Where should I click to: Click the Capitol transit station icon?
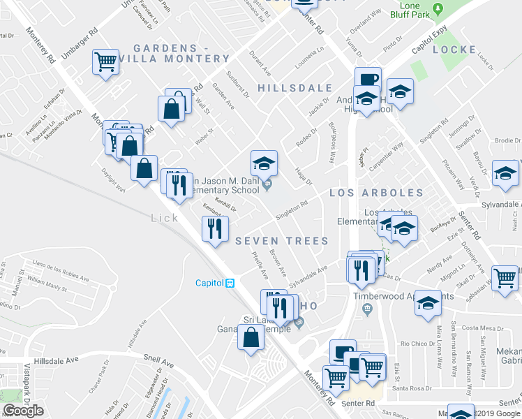point(230,283)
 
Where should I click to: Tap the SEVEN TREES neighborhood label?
point(281,241)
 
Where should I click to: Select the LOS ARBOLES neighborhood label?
point(376,192)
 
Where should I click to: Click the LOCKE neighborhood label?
point(454,50)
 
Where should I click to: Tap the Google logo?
point(23,411)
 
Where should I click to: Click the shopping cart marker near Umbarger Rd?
point(105,63)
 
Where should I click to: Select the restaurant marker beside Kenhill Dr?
point(214,228)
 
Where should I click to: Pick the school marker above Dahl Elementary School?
point(264,164)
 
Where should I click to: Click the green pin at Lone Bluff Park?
point(438,9)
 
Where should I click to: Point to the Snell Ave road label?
point(159,364)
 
